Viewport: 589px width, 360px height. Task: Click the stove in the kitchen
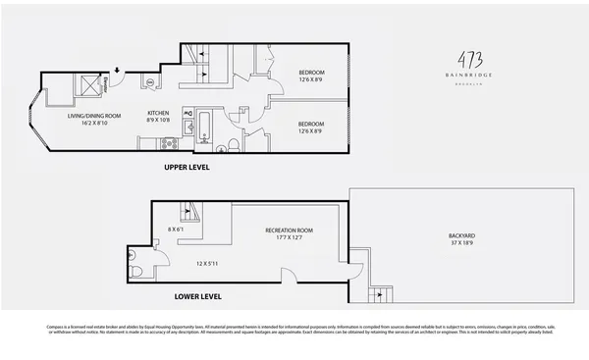point(168,143)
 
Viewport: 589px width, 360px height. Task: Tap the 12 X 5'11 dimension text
point(208,263)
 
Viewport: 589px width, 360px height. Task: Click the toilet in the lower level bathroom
point(137,270)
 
